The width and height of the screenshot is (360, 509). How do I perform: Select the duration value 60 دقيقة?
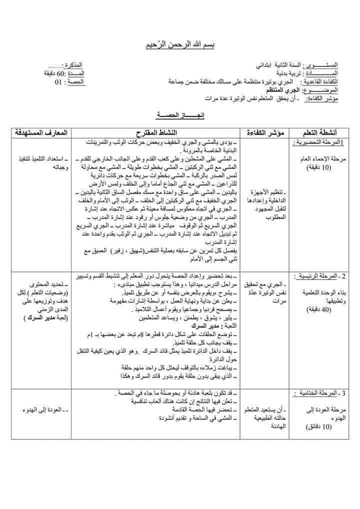(x=55, y=73)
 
